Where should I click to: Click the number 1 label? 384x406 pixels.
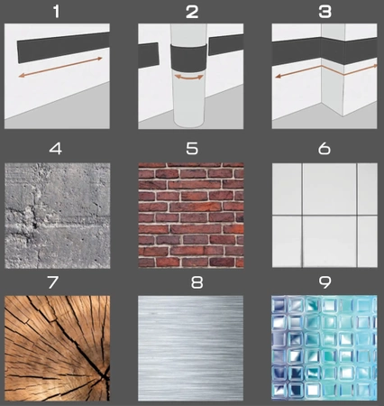coord(56,12)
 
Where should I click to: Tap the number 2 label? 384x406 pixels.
coord(192,12)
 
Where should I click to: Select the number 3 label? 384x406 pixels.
coord(325,12)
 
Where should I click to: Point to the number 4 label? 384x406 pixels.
coord(56,149)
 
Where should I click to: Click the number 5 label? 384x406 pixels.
coord(192,149)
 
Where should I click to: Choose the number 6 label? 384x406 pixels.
coord(325,149)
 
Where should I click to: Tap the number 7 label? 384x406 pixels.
coord(53,282)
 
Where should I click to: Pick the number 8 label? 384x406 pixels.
coord(197,282)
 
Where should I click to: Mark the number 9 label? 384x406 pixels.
coord(325,282)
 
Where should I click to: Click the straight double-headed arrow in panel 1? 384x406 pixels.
coord(60,67)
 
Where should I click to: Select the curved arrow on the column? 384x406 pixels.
coord(188,78)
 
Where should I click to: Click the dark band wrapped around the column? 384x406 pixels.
coord(188,58)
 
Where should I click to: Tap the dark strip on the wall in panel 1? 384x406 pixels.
coord(63,48)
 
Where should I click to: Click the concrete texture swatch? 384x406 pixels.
coord(58,216)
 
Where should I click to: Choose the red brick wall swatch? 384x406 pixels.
coord(191,216)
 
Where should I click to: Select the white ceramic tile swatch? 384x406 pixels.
coord(325,216)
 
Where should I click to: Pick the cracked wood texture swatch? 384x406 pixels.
coord(57,348)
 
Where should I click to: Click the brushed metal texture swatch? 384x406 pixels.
coord(191,348)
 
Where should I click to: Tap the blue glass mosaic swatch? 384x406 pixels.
coord(325,348)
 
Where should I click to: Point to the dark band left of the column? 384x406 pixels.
coord(148,55)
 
